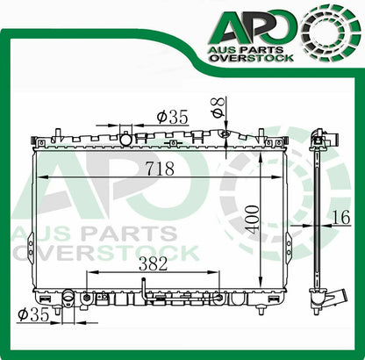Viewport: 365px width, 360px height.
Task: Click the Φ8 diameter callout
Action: tap(217, 110)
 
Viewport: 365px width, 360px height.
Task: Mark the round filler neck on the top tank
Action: tap(127, 140)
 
